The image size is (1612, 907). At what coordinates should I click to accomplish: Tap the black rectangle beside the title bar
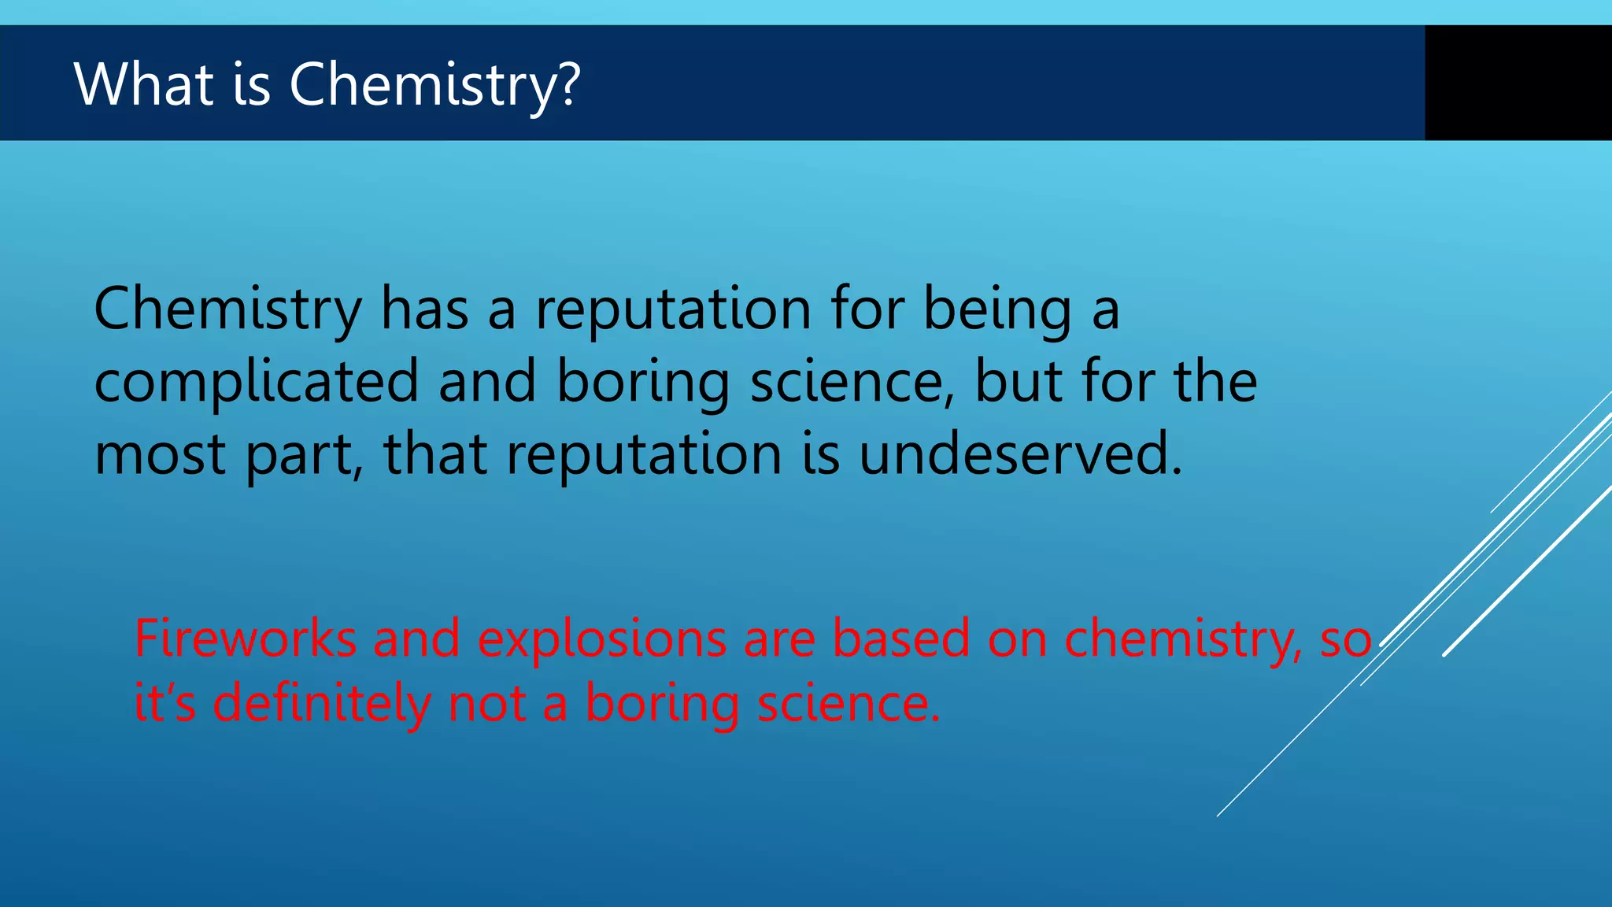(x=1518, y=83)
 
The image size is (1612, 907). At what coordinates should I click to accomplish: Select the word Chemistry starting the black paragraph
(x=227, y=309)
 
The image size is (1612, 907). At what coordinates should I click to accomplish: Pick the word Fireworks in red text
(x=245, y=638)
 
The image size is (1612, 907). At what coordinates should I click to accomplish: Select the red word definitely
(x=321, y=702)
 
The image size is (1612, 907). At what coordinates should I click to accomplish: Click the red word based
(x=901, y=638)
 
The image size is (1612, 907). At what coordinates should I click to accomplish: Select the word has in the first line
(x=424, y=309)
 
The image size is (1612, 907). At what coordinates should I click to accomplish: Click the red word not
(x=486, y=703)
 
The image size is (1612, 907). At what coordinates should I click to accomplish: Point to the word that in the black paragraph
(x=434, y=455)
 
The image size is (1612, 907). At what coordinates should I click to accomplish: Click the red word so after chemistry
(x=1346, y=639)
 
